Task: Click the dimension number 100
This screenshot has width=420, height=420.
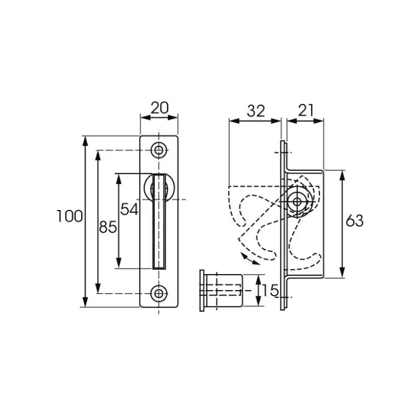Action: (70, 216)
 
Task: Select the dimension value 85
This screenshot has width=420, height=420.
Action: (108, 227)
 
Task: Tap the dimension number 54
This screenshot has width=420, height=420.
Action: (129, 209)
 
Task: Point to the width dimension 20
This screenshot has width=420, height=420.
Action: (159, 108)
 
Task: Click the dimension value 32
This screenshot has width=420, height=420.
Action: (256, 111)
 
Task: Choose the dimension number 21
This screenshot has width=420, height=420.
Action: (305, 110)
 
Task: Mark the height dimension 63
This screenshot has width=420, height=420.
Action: (354, 221)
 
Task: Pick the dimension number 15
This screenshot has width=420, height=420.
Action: (270, 291)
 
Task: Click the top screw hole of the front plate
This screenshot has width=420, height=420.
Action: (159, 150)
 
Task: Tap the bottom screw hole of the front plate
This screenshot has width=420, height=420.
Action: (159, 293)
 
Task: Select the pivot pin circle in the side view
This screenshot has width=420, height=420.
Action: (297, 201)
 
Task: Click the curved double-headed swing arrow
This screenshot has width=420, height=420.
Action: (250, 259)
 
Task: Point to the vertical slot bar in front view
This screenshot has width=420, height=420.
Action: (159, 221)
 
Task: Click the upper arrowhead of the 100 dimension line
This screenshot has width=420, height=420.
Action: (85, 141)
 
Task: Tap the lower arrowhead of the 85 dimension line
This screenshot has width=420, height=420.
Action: (98, 288)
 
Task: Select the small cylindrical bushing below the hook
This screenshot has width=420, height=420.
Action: (222, 291)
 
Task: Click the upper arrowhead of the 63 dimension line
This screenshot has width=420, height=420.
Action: (342, 175)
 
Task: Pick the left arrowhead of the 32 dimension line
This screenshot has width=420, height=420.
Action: (234, 121)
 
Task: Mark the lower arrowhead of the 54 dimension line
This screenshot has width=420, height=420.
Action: (119, 263)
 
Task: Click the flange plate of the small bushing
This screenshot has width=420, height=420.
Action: (202, 291)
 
